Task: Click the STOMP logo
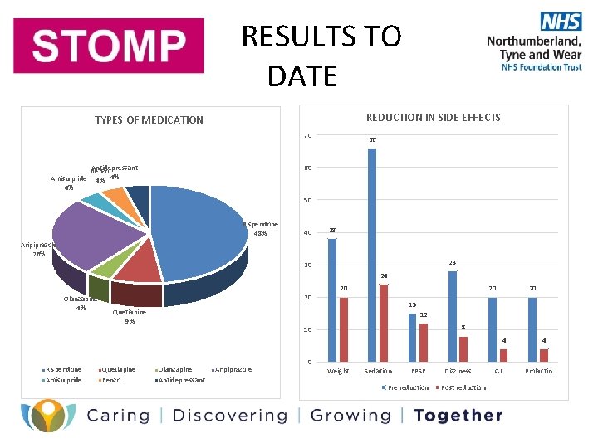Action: [109, 46]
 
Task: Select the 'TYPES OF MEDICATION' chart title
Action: [149, 120]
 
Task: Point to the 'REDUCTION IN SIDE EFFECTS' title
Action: [433, 118]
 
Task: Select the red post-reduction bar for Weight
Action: [344, 329]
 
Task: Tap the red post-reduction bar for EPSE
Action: [424, 342]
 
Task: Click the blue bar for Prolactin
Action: [532, 329]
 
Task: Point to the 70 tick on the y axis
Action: [307, 135]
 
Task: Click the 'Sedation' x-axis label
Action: [378, 371]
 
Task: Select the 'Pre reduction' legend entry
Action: [406, 387]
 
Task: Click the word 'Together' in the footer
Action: [458, 416]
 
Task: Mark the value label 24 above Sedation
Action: [384, 275]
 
